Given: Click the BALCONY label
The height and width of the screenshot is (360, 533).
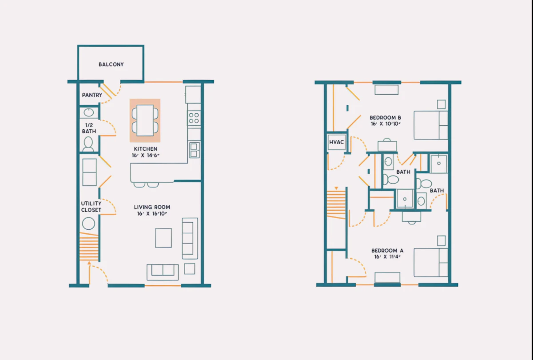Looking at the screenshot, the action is (x=111, y=64).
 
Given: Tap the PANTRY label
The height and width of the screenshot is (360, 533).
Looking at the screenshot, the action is (x=92, y=95).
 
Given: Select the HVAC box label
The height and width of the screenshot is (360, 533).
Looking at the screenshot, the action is (x=337, y=142).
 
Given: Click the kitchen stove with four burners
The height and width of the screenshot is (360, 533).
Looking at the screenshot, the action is (x=194, y=118).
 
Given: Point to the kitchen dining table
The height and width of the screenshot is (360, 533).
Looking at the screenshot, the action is (x=145, y=120).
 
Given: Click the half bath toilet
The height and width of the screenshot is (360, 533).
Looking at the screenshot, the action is (x=88, y=144).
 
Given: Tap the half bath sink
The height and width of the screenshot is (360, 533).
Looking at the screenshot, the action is (x=89, y=112).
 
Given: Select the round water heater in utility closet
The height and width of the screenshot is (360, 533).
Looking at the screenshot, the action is (x=88, y=224).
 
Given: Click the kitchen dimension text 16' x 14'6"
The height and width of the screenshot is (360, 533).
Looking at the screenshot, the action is (x=145, y=156).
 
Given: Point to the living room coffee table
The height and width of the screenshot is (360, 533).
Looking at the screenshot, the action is (x=163, y=238).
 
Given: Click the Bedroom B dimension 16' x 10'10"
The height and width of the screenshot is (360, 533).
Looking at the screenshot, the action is (x=386, y=124).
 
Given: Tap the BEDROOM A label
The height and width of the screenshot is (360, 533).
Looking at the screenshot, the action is (x=387, y=251).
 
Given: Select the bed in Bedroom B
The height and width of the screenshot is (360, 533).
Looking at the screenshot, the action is (x=431, y=125).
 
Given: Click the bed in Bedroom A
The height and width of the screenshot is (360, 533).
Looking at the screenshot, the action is (x=431, y=263).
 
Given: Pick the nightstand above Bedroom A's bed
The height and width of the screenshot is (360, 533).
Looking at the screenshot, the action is (x=442, y=241).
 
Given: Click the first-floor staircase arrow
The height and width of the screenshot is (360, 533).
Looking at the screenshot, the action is (x=89, y=263).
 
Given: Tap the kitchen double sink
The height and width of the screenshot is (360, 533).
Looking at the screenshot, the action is (x=194, y=150).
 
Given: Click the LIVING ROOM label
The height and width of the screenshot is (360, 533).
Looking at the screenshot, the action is (x=152, y=207).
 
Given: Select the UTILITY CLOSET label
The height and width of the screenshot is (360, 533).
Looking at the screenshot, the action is (x=91, y=207).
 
